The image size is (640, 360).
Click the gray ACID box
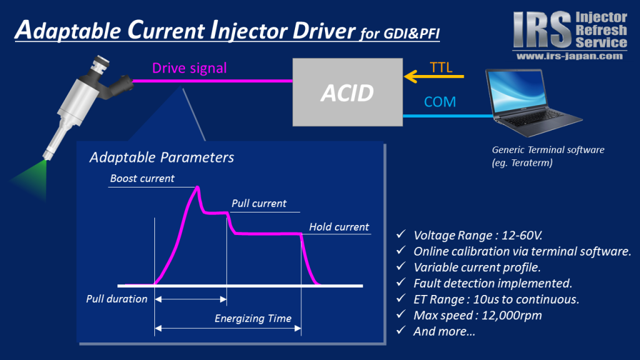tap(347, 92)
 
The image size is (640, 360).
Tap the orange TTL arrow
tap(434, 76)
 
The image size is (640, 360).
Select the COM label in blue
tap(439, 102)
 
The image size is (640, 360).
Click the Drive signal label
tap(189, 68)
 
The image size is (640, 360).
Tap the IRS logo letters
tap(542, 29)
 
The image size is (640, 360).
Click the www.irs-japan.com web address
tap(570, 56)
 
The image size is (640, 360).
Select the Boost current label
tap(142, 178)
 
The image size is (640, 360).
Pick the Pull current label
tap(259, 203)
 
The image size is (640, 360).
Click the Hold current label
tap(339, 227)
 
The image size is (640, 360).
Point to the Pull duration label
tap(117, 299)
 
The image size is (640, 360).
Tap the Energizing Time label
tap(253, 318)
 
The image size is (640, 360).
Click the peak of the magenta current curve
tap(198, 187)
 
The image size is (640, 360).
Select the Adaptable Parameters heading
tap(162, 157)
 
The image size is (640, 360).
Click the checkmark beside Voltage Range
tap(401, 234)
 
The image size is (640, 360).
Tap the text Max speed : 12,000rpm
tap(477, 316)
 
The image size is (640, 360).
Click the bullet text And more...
tap(444, 331)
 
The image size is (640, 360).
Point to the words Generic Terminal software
tap(548, 150)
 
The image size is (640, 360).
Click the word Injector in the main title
tap(249, 31)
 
